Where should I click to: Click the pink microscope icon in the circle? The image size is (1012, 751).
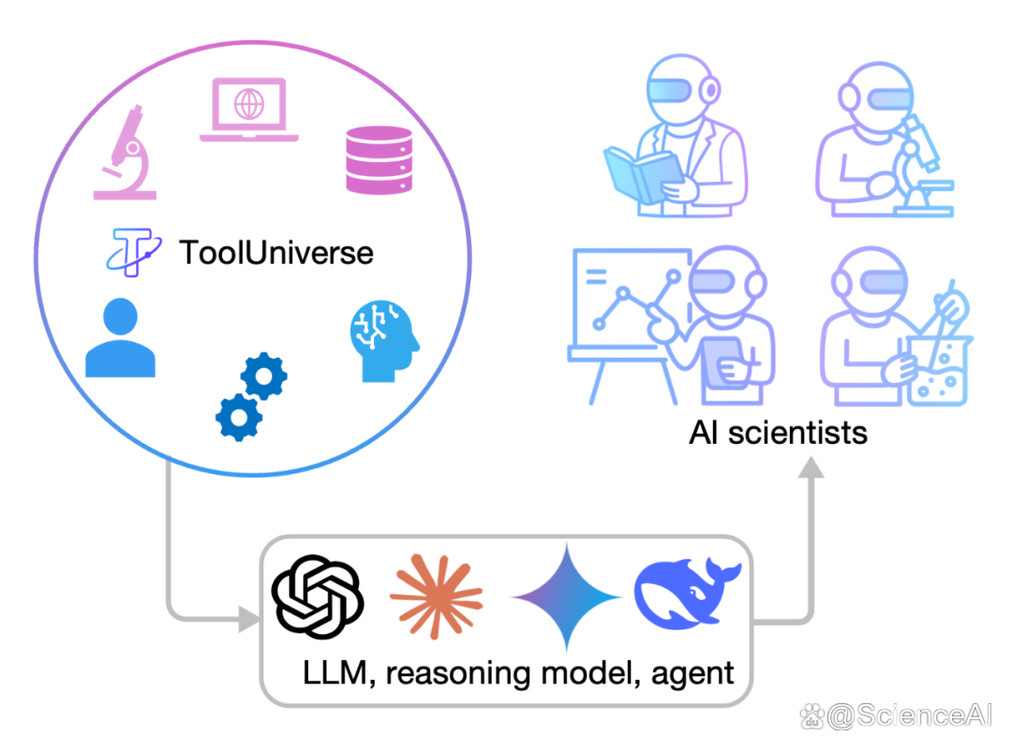coord(126,155)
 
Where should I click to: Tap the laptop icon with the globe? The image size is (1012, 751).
coord(249,110)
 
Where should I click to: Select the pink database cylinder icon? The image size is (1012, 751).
coord(379,160)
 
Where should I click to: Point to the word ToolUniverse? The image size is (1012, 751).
coord(276,252)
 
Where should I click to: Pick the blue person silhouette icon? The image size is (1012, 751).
coord(120,337)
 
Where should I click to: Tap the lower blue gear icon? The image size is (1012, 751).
coord(239,418)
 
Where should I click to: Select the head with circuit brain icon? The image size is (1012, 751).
coord(385,341)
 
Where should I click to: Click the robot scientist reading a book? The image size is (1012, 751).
coord(675,137)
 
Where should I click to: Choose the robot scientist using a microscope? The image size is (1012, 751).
coord(885,140)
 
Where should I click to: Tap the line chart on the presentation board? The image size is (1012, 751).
coord(636,300)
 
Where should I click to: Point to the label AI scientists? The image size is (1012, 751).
coord(778,433)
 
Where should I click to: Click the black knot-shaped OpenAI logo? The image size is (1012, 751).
coord(318,596)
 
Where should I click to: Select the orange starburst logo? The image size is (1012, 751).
coord(437,596)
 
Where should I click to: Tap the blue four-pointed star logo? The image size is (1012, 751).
coord(567,596)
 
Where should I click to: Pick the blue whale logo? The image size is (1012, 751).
coord(688,594)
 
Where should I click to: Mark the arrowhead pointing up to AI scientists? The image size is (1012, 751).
coord(811,467)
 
